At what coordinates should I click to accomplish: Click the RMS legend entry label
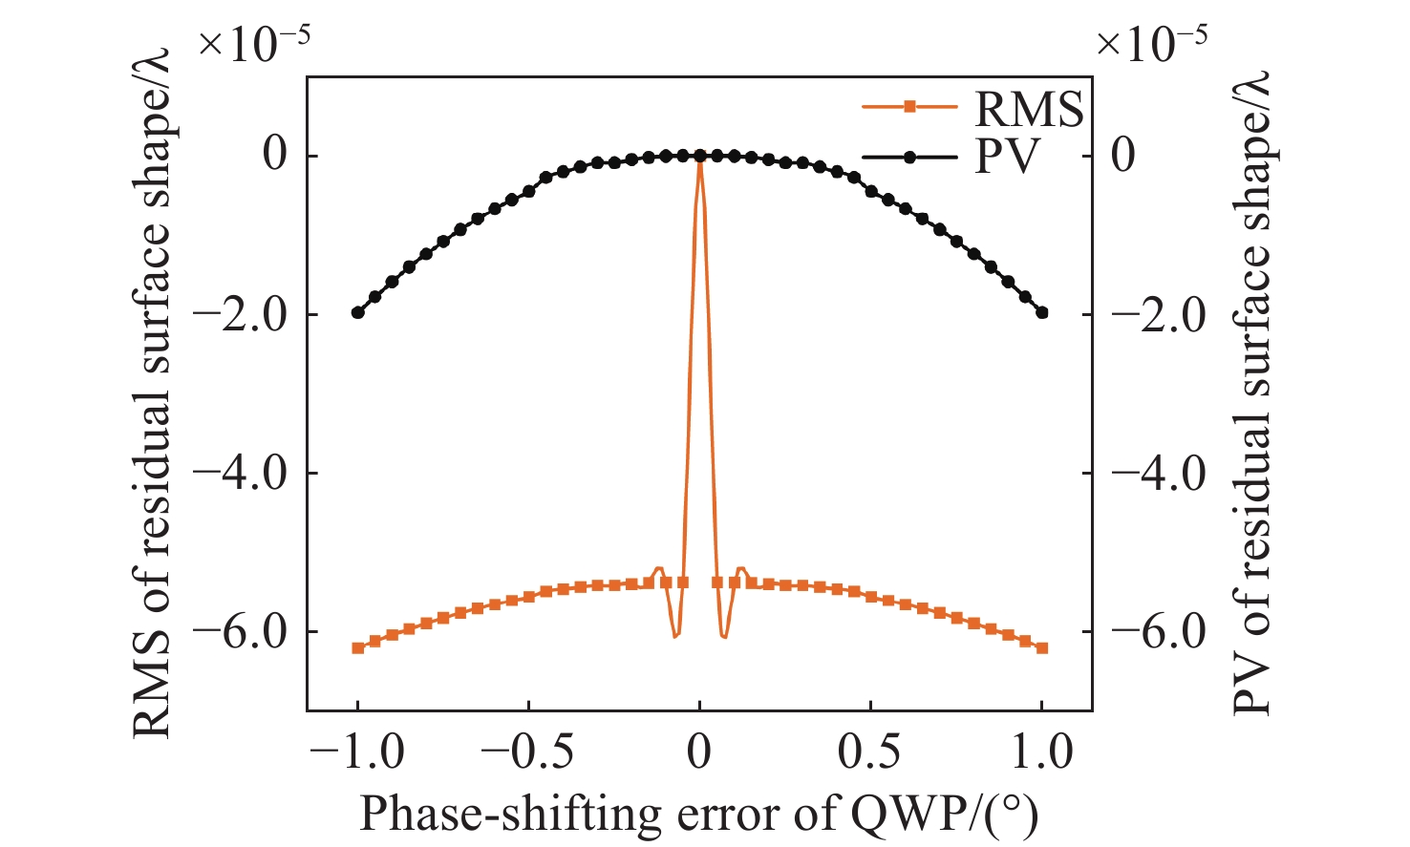[1028, 109]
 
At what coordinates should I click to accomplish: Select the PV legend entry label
[1006, 156]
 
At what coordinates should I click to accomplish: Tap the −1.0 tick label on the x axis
[357, 752]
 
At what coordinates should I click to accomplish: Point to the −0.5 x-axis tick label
[527, 752]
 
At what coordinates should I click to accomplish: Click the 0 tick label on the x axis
[699, 752]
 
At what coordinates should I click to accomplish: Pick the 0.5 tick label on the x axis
[870, 752]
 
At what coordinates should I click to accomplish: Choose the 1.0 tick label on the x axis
[1041, 752]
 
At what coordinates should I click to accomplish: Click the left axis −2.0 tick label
[240, 314]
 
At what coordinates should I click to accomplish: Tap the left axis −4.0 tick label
[240, 473]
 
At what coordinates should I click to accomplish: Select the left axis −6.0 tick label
[240, 631]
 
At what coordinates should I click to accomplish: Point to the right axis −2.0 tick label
[1160, 314]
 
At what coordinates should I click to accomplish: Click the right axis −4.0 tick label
[1160, 473]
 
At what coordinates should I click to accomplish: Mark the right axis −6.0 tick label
[1160, 631]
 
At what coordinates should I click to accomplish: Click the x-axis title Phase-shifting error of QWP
[698, 813]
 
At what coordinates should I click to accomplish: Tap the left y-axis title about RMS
[152, 392]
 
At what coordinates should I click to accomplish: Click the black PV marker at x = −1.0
[357, 312]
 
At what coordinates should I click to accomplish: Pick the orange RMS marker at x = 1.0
[1042, 647]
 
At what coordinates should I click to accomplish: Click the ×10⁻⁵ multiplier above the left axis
[253, 44]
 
